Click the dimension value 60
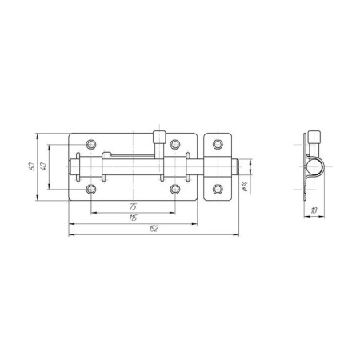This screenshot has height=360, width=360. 30,166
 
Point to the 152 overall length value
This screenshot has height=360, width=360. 154,231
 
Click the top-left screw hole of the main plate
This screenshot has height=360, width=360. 92,145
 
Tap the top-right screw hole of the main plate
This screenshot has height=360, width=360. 175,145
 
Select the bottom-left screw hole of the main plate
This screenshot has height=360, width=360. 92,189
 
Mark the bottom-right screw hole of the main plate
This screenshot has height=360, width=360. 175,189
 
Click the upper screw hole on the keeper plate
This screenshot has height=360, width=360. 217,145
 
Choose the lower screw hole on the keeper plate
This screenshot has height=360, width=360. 217,189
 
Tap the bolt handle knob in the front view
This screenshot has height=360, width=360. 160,137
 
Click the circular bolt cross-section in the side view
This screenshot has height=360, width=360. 314,167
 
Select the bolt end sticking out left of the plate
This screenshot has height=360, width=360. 74,167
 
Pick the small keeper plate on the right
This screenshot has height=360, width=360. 217,167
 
